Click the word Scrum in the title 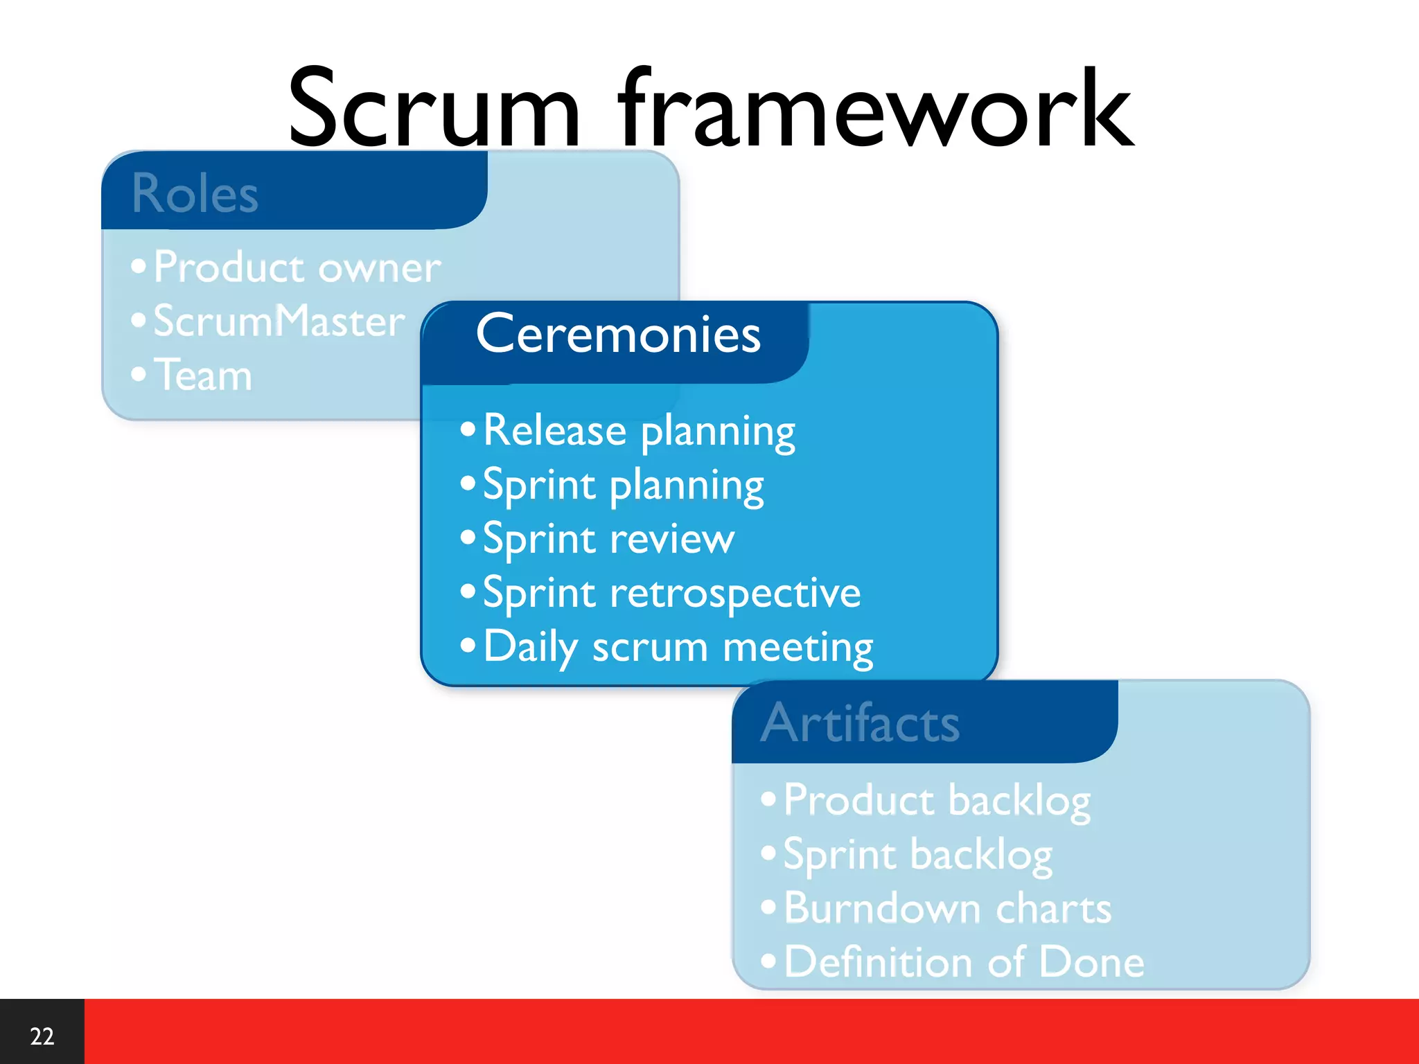pos(433,111)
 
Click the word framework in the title pos(876,111)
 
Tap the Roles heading pos(195,194)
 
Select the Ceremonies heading pos(618,335)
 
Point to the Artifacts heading pos(860,723)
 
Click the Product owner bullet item pos(297,267)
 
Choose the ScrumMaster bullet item pos(279,321)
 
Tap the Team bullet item pos(202,375)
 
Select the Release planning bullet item pos(639,432)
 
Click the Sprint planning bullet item pos(623,486)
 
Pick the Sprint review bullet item pos(608,539)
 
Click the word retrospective pos(735,594)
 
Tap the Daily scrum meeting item pos(678,648)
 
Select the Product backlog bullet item pos(937,801)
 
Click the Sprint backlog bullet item pos(917,855)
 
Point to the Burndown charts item pos(947,909)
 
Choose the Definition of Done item pos(964,962)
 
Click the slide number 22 pos(42,1036)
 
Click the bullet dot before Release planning pos(468,429)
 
